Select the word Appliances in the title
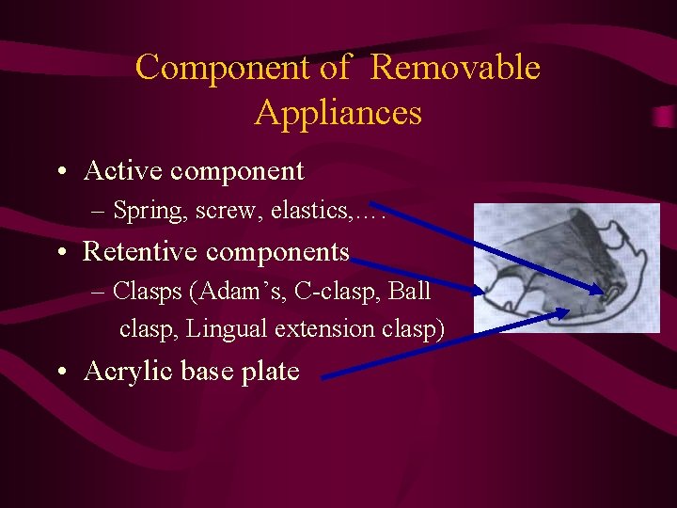click(x=338, y=113)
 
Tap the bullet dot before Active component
click(x=60, y=172)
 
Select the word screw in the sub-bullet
click(x=229, y=211)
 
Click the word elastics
click(x=309, y=211)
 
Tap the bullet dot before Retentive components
click(x=60, y=253)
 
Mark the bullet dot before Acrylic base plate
click(x=60, y=373)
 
